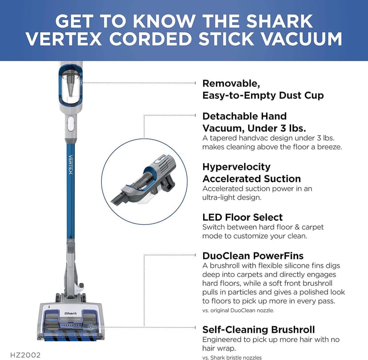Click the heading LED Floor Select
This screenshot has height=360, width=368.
click(x=242, y=217)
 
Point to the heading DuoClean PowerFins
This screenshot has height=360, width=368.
click(x=253, y=256)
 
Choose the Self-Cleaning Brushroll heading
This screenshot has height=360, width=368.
click(x=259, y=329)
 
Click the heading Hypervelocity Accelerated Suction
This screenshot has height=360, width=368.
click(x=252, y=173)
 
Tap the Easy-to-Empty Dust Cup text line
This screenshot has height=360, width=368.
click(x=263, y=95)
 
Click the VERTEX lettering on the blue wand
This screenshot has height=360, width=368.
click(x=70, y=164)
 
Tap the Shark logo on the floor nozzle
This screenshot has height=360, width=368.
click(x=70, y=313)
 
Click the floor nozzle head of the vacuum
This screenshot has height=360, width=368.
click(x=70, y=322)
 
